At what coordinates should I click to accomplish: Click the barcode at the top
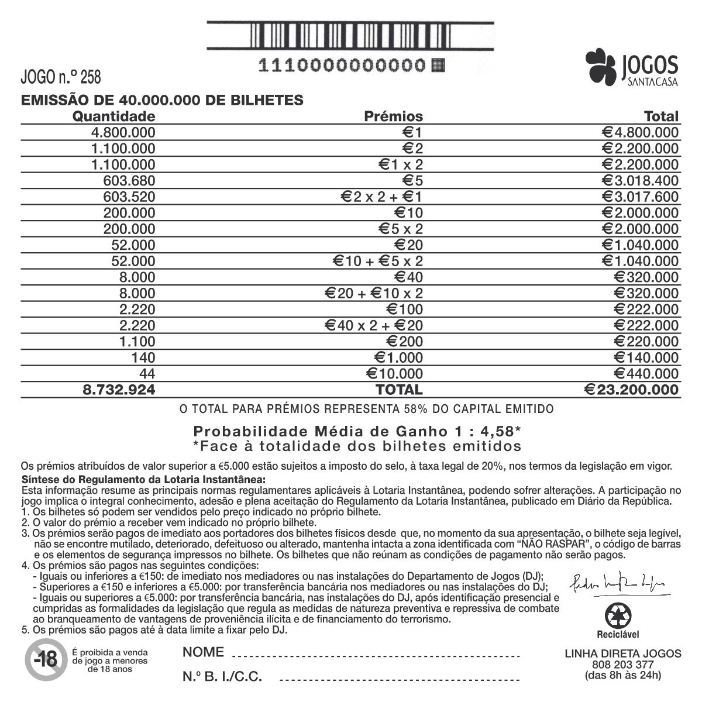[x=350, y=36]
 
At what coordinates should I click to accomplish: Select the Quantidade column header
[x=113, y=116]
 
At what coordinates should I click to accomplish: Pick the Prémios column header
[x=393, y=116]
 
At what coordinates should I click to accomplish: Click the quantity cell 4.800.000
[x=123, y=132]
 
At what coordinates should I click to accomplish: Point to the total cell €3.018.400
[x=641, y=181]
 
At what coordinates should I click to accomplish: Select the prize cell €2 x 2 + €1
[x=381, y=197]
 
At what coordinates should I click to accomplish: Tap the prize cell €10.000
[x=394, y=374]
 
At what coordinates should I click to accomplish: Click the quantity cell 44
[x=147, y=374]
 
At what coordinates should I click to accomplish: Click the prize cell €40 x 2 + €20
[x=374, y=325]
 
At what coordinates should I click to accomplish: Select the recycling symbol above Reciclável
[x=618, y=616]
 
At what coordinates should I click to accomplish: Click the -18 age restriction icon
[x=44, y=660]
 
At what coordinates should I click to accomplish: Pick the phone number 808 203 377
[x=622, y=665]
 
